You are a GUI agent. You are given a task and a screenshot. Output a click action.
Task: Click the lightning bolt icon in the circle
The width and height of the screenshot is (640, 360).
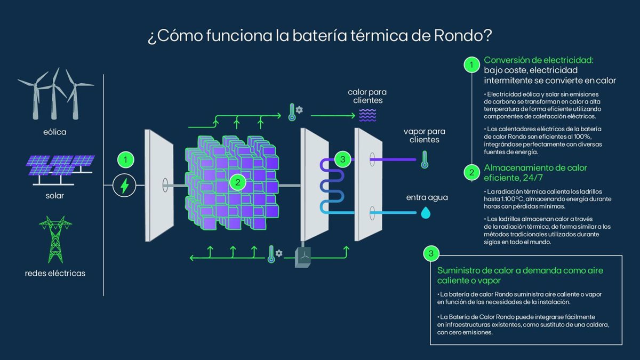point(125,186)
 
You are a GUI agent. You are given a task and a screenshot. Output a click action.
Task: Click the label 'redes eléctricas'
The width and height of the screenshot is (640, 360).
point(55,274)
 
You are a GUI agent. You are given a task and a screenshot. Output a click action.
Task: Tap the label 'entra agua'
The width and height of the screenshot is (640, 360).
point(427,197)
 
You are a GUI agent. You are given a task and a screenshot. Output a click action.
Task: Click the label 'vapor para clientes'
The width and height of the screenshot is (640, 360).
point(425,135)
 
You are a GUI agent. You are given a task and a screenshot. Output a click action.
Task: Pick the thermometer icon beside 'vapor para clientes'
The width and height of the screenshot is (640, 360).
point(425,159)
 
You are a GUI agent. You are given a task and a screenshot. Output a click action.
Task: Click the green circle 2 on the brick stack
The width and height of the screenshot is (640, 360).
point(237,182)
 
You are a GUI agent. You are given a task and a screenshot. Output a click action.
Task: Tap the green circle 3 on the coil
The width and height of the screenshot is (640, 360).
point(342,158)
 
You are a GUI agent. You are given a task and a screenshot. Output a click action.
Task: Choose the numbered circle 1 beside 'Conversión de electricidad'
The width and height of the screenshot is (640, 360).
point(471,66)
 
